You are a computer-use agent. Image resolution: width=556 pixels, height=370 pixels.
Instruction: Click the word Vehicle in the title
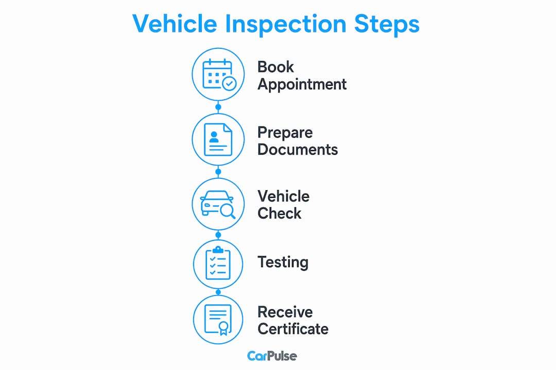tap(175, 24)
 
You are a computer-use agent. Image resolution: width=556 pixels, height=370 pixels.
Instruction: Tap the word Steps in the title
tap(387, 24)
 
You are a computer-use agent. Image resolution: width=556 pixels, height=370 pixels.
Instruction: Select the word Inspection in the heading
tap(285, 25)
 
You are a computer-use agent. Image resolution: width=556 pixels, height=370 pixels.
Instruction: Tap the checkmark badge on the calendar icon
tap(229, 84)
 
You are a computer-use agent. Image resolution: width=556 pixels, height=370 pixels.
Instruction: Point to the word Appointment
tap(302, 85)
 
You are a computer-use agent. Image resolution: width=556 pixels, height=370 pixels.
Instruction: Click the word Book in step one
tap(275, 67)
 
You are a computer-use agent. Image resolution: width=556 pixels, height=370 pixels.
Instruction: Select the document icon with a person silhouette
tap(218, 139)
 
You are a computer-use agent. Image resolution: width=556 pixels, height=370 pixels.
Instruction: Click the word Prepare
tap(285, 133)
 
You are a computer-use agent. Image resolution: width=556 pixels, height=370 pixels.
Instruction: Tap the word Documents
tap(298, 150)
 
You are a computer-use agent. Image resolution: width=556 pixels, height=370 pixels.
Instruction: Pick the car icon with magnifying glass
tap(218, 205)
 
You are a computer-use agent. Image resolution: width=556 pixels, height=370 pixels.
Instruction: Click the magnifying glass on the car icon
tap(228, 211)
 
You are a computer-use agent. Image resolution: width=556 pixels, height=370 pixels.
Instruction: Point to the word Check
tap(280, 213)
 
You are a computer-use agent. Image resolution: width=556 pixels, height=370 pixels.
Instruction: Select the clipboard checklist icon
tap(218, 263)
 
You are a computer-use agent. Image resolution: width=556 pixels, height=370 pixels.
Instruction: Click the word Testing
tap(283, 263)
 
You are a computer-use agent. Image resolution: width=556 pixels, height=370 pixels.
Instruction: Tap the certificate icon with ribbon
tap(218, 319)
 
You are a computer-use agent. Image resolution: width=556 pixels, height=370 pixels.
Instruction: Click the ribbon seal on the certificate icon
tap(223, 328)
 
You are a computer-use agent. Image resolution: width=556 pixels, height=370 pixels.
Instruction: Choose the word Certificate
tap(293, 329)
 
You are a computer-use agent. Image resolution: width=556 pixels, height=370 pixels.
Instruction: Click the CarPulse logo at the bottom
tap(272, 356)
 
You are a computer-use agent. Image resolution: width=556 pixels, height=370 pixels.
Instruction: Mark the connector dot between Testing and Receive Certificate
tap(218, 292)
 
